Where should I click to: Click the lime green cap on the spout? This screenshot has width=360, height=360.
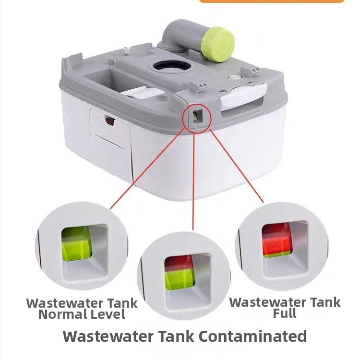coord(218,44)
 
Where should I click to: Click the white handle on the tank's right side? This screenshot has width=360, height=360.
coord(243,96)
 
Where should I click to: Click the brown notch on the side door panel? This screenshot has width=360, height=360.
coord(110,121)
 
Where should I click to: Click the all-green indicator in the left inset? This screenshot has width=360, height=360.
coord(77,244)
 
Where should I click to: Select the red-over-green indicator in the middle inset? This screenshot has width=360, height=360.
coord(180,272)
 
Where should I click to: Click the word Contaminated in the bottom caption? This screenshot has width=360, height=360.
coord(253,336)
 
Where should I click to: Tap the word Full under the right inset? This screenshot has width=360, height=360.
coord(285,313)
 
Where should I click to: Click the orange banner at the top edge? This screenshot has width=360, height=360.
coord(272,1)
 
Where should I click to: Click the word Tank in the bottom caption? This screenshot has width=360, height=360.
coord(176,336)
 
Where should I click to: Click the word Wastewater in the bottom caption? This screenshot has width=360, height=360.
coord(108,336)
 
